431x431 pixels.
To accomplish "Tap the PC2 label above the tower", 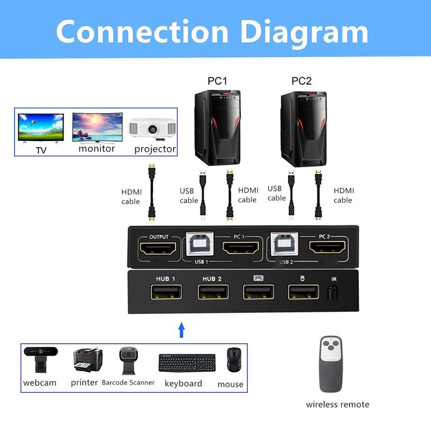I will point(302,81).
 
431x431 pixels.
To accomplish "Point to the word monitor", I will point(96,148).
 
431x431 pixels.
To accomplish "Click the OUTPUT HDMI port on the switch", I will point(158,249).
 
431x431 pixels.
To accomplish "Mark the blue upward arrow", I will point(182,329).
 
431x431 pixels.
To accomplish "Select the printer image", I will point(87,360).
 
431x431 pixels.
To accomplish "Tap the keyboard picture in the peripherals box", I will point(186,362).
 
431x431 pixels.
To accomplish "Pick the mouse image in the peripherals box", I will point(233,359).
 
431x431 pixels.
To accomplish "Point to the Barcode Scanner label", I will point(128,383).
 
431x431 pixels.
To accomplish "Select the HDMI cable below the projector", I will point(152,194).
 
